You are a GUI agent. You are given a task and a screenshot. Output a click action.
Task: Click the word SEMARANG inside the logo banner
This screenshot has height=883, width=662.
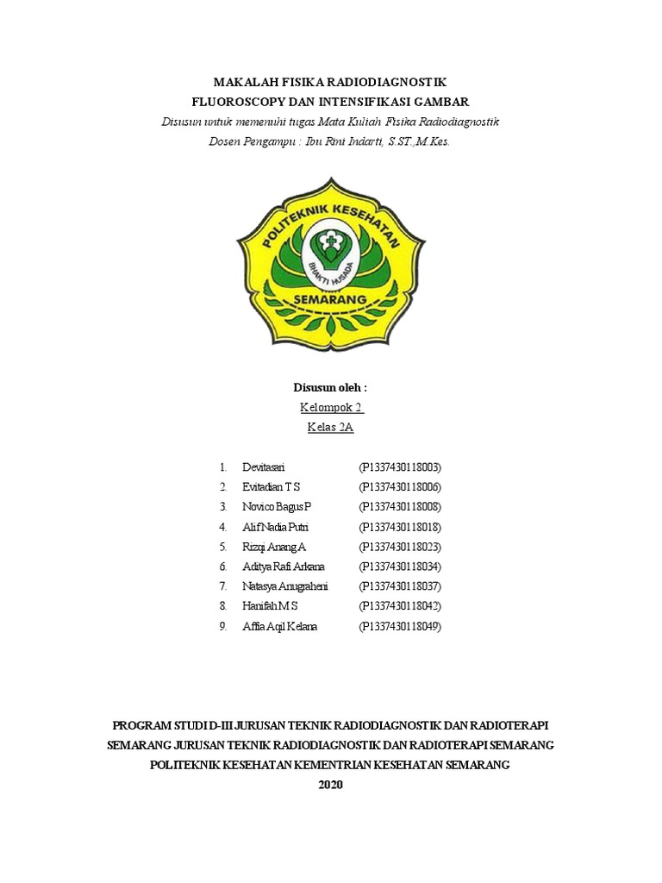tap(331, 298)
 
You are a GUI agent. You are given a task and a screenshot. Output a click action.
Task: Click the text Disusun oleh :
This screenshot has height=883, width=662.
tap(331, 388)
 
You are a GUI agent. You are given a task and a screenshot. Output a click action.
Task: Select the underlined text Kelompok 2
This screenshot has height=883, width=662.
tap(331, 407)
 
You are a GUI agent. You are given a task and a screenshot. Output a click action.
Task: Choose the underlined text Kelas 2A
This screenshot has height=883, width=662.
tap(331, 427)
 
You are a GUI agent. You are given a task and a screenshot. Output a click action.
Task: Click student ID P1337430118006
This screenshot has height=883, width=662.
tap(400, 487)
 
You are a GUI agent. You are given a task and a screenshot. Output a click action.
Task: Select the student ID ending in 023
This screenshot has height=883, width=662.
tap(400, 547)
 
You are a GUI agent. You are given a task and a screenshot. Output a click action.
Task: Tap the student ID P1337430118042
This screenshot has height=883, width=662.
tap(400, 606)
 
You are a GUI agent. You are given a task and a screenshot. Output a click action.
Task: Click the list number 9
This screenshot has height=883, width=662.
tap(222, 626)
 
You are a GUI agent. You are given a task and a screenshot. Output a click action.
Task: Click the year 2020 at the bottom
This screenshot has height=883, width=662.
tap(331, 785)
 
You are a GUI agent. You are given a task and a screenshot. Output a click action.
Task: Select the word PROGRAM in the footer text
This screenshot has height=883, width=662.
tap(145, 723)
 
